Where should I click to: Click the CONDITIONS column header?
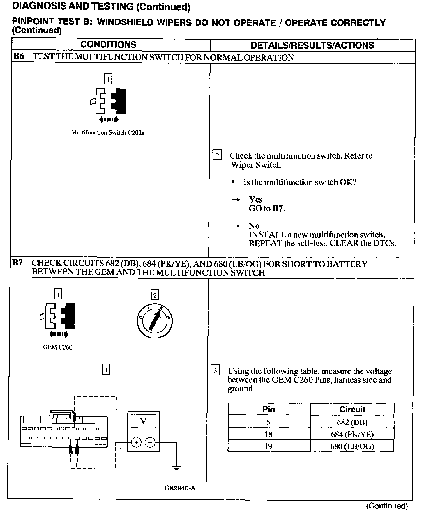(x=108, y=45)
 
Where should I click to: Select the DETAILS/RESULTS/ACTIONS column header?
(x=312, y=45)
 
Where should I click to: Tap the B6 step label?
(x=19, y=56)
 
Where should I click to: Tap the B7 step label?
(x=17, y=263)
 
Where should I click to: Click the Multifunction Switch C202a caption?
(x=108, y=133)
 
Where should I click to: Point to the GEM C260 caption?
(x=58, y=347)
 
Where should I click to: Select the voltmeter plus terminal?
(x=136, y=442)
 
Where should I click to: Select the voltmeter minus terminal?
(x=150, y=442)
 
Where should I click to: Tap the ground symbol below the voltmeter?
(x=176, y=468)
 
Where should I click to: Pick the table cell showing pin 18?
(x=268, y=434)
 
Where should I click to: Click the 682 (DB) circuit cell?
(x=352, y=422)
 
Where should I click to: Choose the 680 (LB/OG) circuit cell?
(x=352, y=446)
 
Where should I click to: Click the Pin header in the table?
(x=268, y=410)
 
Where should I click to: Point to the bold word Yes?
(x=256, y=199)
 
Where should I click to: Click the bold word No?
(x=254, y=226)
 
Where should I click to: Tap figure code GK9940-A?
(x=180, y=488)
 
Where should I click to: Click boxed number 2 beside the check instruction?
(x=217, y=155)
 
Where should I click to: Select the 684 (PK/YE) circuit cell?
(x=352, y=434)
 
